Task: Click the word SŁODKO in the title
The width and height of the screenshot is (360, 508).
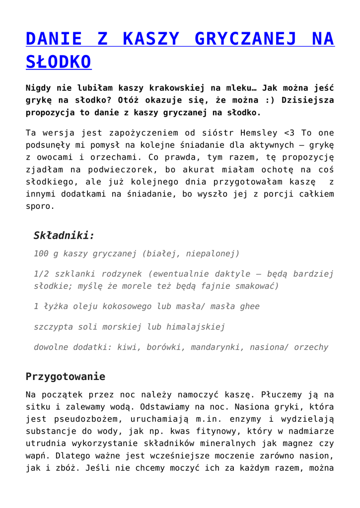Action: pyautogui.click(x=58, y=62)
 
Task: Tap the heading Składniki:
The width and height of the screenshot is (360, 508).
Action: pyautogui.click(x=64, y=235)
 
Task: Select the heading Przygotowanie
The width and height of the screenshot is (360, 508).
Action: pyautogui.click(x=65, y=376)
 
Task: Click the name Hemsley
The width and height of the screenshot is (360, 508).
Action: pyautogui.click(x=261, y=133)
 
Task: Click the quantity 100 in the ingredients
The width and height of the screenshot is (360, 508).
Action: pyautogui.click(x=42, y=254)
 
